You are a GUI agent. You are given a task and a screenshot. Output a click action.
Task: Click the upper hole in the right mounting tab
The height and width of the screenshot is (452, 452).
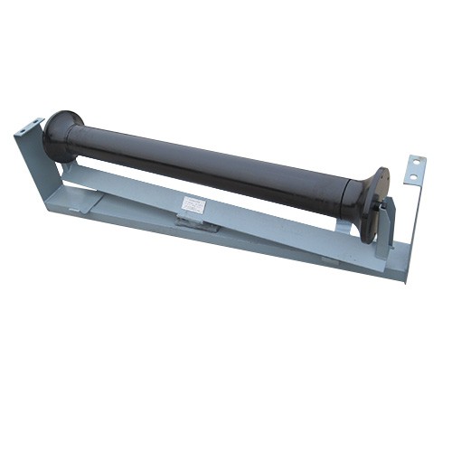pyautogui.click(x=416, y=163)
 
